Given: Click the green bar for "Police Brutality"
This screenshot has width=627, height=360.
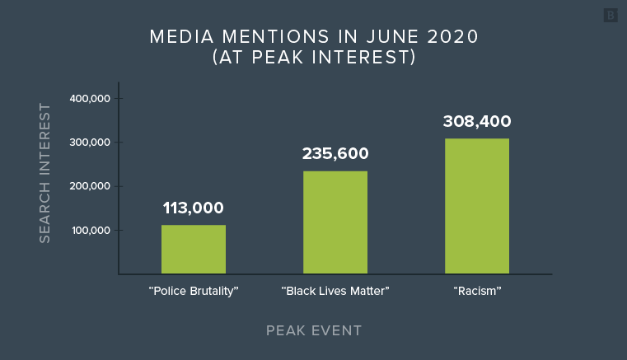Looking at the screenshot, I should [193, 249].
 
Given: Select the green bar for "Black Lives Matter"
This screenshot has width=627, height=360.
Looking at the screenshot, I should [335, 222].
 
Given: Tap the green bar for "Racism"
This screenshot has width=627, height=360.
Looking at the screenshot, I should [476, 206].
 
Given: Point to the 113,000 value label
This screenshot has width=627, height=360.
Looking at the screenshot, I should [193, 208].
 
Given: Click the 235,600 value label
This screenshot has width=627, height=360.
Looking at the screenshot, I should [335, 153].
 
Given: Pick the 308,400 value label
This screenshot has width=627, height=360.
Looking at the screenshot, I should [476, 121].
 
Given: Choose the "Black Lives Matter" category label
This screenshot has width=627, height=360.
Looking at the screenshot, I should [335, 291].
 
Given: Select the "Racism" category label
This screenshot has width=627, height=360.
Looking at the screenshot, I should [477, 291].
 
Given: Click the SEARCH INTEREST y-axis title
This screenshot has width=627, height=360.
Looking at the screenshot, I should [45, 173].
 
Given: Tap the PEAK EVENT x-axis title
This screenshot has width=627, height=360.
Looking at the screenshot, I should [313, 330].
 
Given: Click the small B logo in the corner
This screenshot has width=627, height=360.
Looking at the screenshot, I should [611, 16].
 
